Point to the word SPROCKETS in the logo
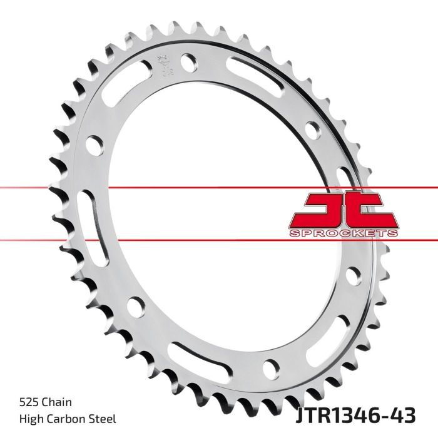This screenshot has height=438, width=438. pyautogui.click(x=342, y=233)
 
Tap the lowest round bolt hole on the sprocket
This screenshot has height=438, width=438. pyautogui.click(x=271, y=366)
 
